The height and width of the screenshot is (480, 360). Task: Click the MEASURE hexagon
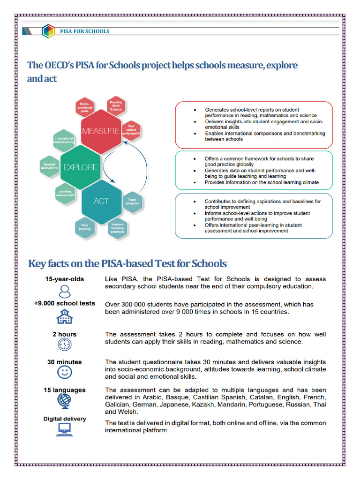pyautogui.click(x=100, y=131)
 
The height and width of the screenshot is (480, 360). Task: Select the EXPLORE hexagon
pyautogui.click(x=80, y=167)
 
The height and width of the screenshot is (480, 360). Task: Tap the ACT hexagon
pyautogui.click(x=101, y=201)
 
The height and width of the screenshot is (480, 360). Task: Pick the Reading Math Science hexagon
pyautogui.click(x=116, y=106)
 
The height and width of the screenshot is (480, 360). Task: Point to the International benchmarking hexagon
pyautogui.click(x=64, y=140)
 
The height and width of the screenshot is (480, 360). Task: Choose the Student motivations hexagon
pyautogui.click(x=50, y=166)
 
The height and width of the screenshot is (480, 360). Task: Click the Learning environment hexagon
pyautogui.click(x=65, y=193)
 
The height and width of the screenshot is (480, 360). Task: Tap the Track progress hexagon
pyautogui.click(x=132, y=202)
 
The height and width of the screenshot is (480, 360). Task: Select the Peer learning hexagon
pyautogui.click(x=85, y=227)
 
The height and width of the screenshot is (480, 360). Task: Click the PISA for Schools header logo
pyautogui.click(x=48, y=31)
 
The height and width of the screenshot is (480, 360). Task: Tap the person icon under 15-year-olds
pyautogui.click(x=65, y=290)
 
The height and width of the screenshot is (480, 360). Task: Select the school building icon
pyautogui.click(x=65, y=316)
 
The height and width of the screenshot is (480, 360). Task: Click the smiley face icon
pyautogui.click(x=65, y=373)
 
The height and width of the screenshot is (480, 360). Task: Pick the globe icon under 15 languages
pyautogui.click(x=65, y=400)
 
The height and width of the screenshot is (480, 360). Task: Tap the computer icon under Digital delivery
pyautogui.click(x=65, y=429)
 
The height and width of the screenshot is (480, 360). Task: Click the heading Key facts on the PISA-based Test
pyautogui.click(x=127, y=263)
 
